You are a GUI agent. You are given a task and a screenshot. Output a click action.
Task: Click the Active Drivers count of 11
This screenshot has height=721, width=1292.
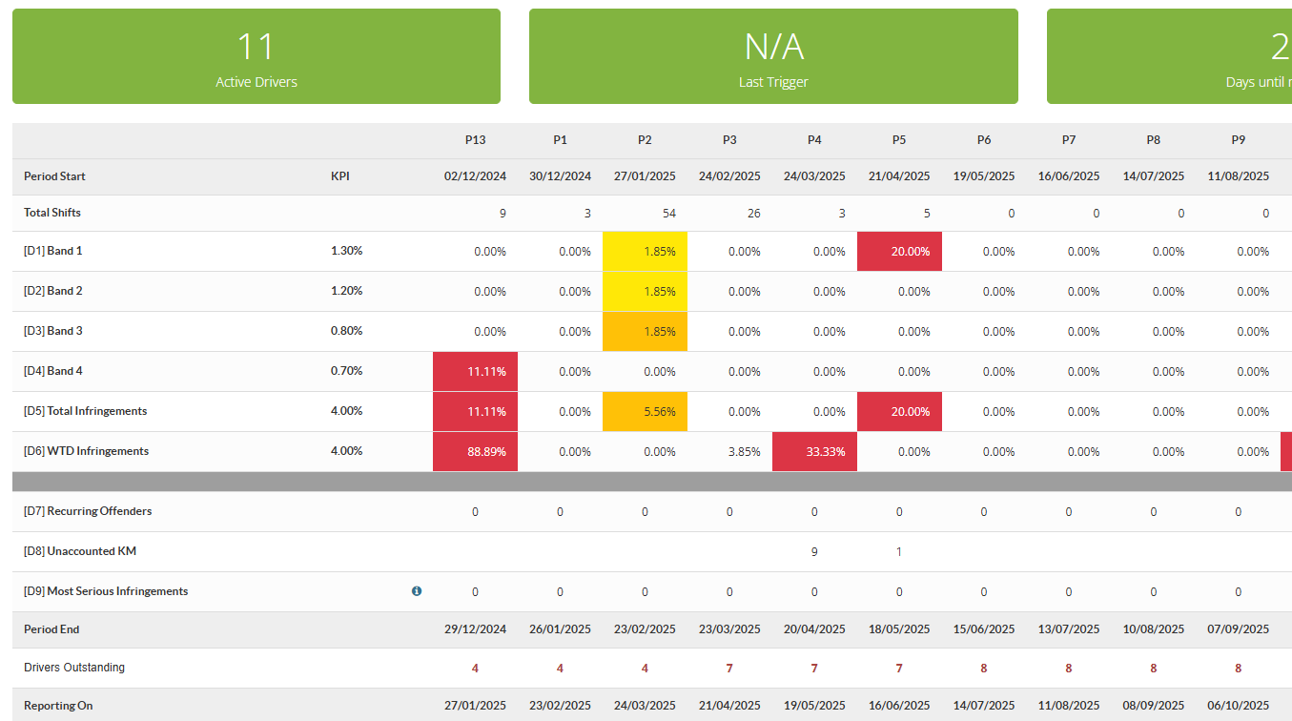[256, 47]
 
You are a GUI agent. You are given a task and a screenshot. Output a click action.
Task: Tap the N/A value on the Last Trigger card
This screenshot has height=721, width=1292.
[773, 47]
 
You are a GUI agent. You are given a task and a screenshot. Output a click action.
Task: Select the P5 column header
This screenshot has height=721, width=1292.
[898, 140]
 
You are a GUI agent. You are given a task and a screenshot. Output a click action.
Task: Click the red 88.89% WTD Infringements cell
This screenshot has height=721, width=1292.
[475, 452]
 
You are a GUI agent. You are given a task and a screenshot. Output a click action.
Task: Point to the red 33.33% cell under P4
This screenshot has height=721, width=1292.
[814, 452]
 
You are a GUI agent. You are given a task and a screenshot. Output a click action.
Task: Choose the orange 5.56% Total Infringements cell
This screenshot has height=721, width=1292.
[645, 412]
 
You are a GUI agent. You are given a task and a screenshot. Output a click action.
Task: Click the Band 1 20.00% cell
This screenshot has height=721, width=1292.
[899, 252]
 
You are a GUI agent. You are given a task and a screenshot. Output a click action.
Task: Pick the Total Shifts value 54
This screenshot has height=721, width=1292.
[669, 214]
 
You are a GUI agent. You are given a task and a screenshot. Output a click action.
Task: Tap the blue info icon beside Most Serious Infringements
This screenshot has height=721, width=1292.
[417, 591]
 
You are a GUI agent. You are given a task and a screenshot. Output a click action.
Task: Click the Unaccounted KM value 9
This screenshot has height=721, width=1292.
[814, 552]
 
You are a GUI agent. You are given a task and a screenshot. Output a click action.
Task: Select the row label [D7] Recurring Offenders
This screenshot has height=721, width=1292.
[88, 511]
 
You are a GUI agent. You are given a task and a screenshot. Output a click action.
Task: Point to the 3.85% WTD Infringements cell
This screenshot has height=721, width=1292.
[744, 452]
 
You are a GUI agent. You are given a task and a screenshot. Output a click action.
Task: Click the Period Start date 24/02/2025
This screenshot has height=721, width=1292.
[729, 175]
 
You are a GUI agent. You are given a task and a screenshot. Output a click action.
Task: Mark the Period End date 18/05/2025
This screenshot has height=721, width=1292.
[899, 629]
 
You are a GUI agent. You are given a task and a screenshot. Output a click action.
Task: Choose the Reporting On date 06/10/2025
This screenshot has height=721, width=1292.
[1239, 706]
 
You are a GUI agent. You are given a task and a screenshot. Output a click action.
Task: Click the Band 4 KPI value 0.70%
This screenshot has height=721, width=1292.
[347, 371]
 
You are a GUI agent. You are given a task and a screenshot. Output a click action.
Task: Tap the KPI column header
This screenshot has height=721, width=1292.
[340, 175]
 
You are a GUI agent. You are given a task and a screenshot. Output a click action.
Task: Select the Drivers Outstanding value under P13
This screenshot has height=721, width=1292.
[475, 669]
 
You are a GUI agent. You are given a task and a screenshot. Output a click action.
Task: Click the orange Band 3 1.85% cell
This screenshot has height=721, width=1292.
[645, 332]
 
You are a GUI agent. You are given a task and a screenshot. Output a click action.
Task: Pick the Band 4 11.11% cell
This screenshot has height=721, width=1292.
[475, 371]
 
